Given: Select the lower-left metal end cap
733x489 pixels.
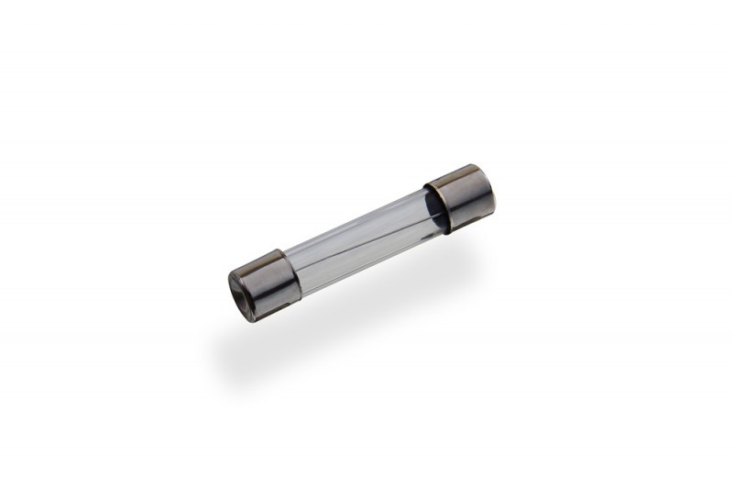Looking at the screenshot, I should click(266, 280).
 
